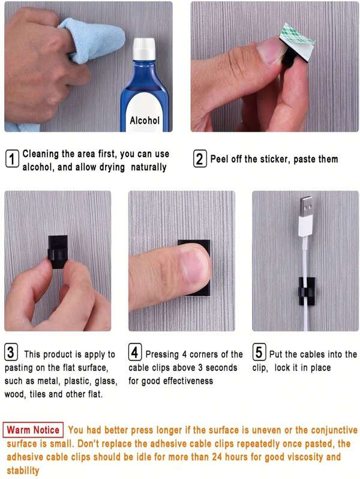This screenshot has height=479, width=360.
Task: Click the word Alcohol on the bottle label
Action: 145,120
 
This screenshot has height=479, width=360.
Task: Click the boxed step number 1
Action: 12,159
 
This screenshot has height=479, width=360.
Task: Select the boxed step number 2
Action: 200,159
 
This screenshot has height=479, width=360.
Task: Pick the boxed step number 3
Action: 11,352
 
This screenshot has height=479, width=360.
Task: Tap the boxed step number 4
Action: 136,352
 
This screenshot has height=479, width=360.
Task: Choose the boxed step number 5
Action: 259,352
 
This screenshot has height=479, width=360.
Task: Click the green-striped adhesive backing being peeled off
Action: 300,37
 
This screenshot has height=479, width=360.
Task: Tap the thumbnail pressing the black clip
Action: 193,266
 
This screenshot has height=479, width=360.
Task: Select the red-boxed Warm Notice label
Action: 33,430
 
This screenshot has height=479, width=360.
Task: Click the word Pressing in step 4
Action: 162,355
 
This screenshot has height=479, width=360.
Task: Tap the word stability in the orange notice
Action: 23,471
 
